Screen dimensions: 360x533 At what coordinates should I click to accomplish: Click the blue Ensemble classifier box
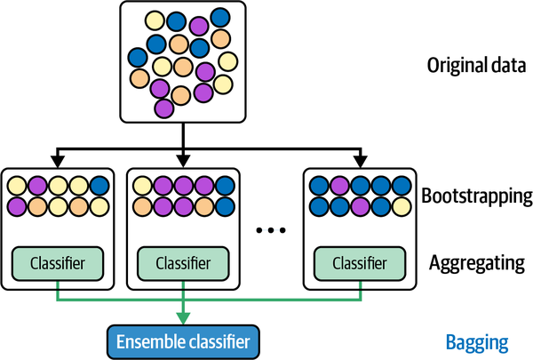click(x=183, y=341)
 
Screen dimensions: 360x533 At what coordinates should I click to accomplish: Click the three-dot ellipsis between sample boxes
click(x=270, y=229)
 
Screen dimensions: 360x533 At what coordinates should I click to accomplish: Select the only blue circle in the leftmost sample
click(x=99, y=187)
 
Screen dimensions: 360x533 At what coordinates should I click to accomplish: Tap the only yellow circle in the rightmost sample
click(x=317, y=187)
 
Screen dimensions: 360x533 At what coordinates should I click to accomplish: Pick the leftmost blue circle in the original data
click(x=138, y=56)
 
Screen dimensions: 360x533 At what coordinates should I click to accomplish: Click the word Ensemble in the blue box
click(x=152, y=341)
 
